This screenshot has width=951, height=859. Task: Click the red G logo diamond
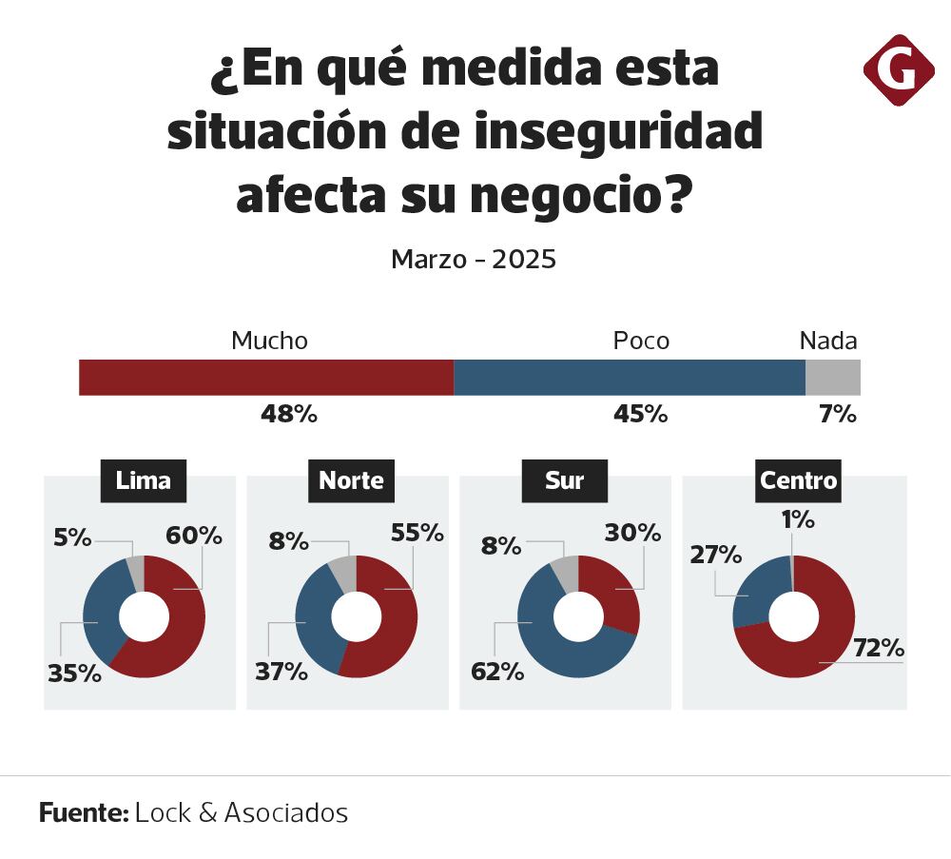pyautogui.click(x=898, y=69)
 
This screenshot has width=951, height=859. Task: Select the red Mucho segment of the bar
pyautogui.click(x=266, y=378)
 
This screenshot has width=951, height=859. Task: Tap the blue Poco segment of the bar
pyautogui.click(x=630, y=378)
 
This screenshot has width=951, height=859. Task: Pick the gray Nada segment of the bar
pyautogui.click(x=833, y=378)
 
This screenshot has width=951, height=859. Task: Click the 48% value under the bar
pyautogui.click(x=289, y=415)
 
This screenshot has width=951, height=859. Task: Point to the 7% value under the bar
pyautogui.click(x=839, y=415)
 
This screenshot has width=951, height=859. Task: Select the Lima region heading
pyautogui.click(x=144, y=481)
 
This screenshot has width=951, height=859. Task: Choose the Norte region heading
pyautogui.click(x=351, y=481)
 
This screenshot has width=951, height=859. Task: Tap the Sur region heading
pyautogui.click(x=564, y=481)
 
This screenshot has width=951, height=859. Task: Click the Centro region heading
pyautogui.click(x=798, y=481)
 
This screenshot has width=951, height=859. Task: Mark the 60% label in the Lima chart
pyautogui.click(x=194, y=537)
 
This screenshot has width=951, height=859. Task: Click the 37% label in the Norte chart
pyautogui.click(x=281, y=672)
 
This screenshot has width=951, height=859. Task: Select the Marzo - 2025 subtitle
pyautogui.click(x=474, y=260)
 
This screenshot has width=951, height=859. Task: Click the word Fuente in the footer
pyautogui.click(x=84, y=813)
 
